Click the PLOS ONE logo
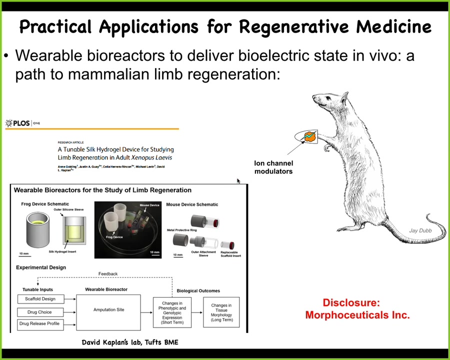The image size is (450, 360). (x=22, y=123)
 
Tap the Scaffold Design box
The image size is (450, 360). (x=40, y=299)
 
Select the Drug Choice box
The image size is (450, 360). (x=38, y=312)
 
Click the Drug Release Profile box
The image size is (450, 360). (x=39, y=323)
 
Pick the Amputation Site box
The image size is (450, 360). (x=108, y=310)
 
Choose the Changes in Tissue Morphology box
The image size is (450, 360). (x=221, y=312)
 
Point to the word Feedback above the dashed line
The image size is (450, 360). (x=108, y=274)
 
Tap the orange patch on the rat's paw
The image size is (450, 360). (x=310, y=135)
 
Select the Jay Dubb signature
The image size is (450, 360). (x=420, y=230)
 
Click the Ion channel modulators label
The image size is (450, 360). (x=273, y=167)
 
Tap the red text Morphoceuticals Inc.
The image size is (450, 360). (x=357, y=315)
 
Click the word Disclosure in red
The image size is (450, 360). (x=351, y=302)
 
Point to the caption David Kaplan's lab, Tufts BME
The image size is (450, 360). (x=130, y=342)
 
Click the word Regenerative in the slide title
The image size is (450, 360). (x=292, y=26)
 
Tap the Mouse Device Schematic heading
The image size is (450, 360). (x=192, y=204)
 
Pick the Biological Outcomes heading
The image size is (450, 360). (x=198, y=290)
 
